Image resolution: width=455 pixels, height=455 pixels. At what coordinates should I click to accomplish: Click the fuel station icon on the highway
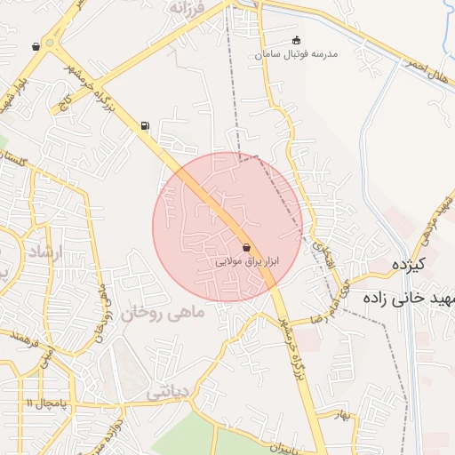(145, 126)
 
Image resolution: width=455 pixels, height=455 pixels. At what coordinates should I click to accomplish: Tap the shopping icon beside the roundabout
(36, 46)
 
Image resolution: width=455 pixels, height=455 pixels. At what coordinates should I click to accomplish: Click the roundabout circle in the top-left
(51, 41)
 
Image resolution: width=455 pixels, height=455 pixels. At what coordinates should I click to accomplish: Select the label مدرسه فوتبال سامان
(297, 55)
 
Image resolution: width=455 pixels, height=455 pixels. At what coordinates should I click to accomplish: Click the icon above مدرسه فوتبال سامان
(296, 41)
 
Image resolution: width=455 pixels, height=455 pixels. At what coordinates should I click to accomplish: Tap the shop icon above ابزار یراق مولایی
(246, 248)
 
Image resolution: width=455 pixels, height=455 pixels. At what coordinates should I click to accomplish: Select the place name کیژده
(410, 264)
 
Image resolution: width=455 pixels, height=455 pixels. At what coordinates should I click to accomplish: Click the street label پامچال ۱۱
(41, 403)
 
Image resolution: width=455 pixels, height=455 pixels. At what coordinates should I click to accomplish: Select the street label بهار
(343, 414)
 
